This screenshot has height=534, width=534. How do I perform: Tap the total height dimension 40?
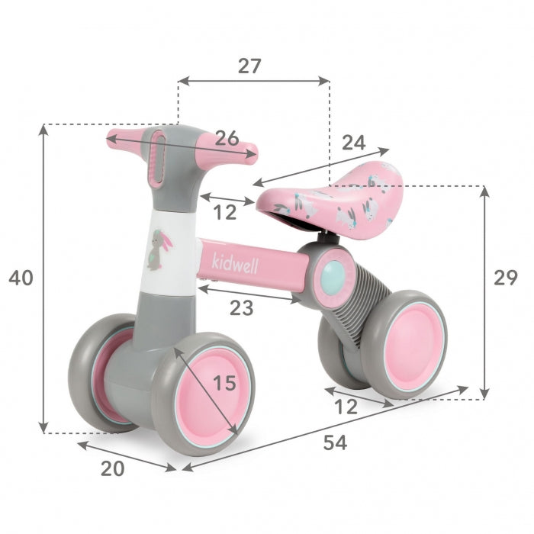coord(21,278)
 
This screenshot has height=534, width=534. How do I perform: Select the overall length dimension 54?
coord(334,442)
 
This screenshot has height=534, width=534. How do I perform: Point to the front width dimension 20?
coord(112,468)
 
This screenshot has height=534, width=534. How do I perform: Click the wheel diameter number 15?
coord(224,383)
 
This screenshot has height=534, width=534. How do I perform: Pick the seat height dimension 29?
coord(505,278)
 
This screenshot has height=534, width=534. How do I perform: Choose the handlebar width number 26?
coord(226,138)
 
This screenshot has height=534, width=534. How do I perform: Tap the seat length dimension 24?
coord(353,142)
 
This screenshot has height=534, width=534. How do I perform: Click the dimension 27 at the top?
coord(249,66)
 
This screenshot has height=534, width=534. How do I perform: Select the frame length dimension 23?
coord(241,309)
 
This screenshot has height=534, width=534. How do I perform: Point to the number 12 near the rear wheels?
coord(346,407)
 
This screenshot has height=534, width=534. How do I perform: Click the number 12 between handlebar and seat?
coord(224,213)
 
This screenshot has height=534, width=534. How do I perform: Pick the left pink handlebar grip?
coord(126,137)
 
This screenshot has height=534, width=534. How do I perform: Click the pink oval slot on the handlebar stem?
coord(158,158)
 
